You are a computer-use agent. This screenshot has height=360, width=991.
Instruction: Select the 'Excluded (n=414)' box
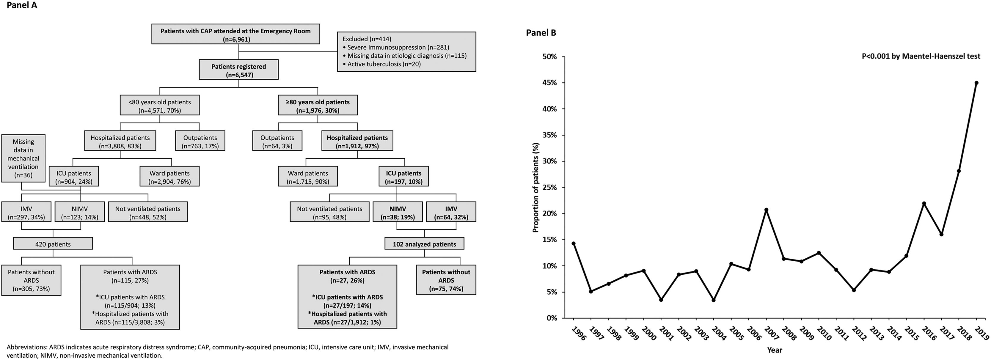(406, 51)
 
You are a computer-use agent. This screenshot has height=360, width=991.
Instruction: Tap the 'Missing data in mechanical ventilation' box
(23, 158)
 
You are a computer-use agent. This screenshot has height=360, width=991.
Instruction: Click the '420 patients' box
(53, 244)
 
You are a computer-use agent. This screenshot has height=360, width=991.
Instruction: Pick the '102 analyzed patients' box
(424, 244)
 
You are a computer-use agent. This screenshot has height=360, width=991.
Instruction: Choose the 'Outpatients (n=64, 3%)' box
(277, 142)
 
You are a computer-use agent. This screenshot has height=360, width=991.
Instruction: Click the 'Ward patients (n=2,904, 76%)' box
(169, 177)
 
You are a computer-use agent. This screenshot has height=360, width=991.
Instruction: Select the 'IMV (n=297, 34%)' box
(26, 213)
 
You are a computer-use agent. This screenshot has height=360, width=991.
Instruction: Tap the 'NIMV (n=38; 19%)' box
(398, 213)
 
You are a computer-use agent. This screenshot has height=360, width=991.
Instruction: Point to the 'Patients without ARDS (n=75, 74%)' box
(446, 280)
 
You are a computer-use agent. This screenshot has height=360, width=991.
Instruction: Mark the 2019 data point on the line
(976, 83)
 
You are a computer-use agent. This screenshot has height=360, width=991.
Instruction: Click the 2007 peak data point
(766, 210)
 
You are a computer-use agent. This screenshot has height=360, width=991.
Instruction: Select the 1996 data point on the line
(574, 243)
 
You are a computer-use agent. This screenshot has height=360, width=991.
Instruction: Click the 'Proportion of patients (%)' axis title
(535, 188)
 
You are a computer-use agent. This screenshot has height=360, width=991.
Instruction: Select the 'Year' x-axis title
(775, 350)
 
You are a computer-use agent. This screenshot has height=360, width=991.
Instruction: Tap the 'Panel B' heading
(541, 33)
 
